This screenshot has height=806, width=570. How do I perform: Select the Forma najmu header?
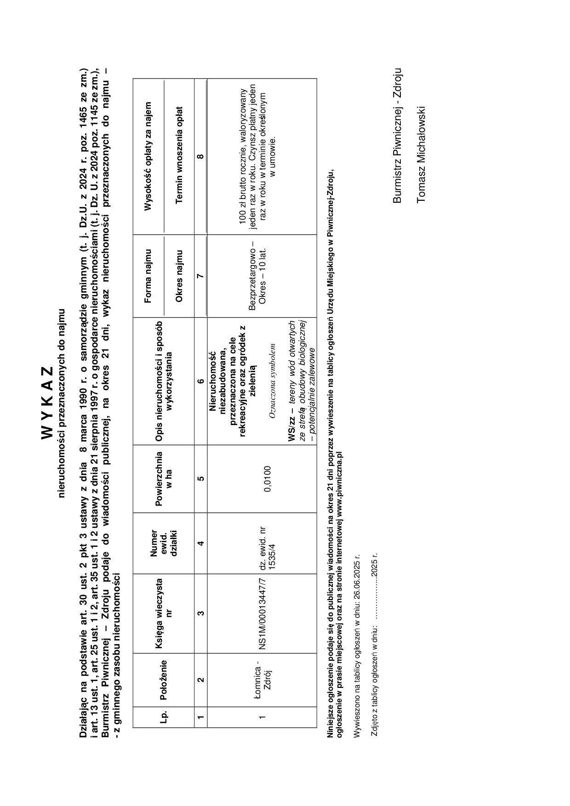click(148, 276)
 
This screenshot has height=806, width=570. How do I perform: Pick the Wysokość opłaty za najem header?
click(148, 157)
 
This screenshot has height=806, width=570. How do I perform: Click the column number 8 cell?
click(200, 157)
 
